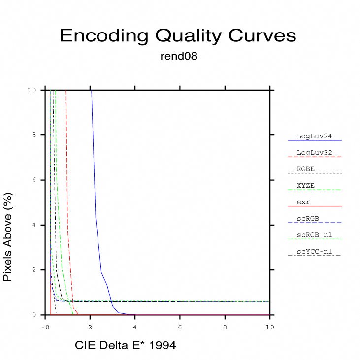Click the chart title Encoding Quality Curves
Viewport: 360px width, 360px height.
click(x=178, y=35)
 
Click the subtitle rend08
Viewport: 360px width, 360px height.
click(x=179, y=56)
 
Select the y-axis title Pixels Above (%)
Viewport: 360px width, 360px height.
click(x=7, y=237)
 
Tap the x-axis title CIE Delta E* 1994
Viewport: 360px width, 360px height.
click(x=125, y=345)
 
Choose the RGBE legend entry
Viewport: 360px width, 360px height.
click(x=306, y=169)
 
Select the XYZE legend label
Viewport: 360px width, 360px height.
click(x=306, y=186)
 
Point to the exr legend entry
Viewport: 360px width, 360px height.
click(x=303, y=202)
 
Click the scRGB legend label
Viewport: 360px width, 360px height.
click(x=307, y=219)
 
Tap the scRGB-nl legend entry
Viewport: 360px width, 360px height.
click(x=314, y=235)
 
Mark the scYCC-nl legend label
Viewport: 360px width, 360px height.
click(x=314, y=252)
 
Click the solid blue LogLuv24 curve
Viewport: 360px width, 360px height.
click(x=101, y=272)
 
